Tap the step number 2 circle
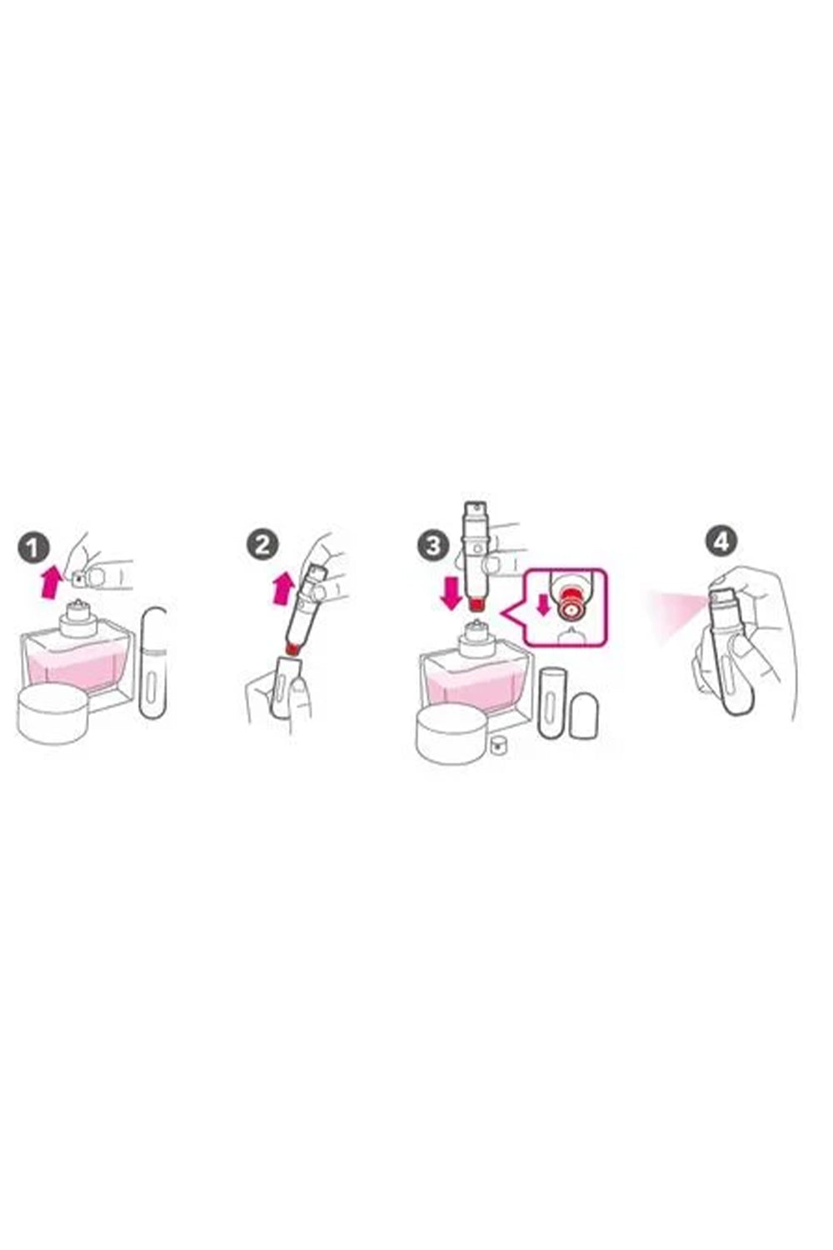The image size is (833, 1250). pos(262,544)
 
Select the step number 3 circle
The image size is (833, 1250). pos(433,545)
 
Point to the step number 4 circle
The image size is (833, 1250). pos(721,542)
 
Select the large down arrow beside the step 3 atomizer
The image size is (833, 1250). pos(451,593)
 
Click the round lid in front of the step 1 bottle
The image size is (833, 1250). pos(53,715)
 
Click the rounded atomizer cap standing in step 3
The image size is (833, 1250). pos(585,717)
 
